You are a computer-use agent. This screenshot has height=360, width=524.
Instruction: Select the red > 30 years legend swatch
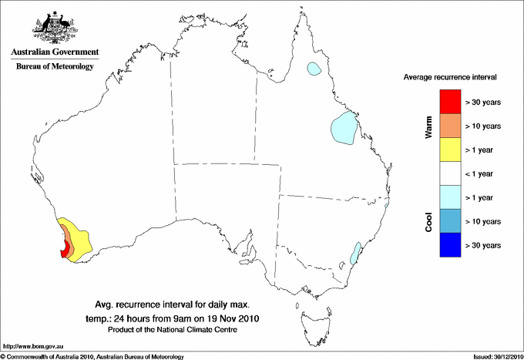450,102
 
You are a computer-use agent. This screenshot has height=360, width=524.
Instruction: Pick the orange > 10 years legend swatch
450,126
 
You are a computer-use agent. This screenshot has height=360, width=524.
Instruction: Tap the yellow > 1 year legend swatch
450,150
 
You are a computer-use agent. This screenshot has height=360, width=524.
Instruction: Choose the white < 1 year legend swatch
450,173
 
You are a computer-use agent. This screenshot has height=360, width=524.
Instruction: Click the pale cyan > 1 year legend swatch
450,197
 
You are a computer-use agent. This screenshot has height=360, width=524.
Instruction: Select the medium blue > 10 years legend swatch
450,221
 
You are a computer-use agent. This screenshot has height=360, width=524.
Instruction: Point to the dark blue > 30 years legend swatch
450,245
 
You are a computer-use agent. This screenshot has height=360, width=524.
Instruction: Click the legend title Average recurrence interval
450,78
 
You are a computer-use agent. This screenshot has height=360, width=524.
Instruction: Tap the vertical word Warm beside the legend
429,127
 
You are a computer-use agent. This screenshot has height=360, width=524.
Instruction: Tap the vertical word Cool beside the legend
429,221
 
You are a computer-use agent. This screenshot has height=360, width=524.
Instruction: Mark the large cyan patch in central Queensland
343,129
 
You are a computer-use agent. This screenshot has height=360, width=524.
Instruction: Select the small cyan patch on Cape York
314,69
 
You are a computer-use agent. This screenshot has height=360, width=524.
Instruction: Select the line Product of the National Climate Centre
172,330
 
